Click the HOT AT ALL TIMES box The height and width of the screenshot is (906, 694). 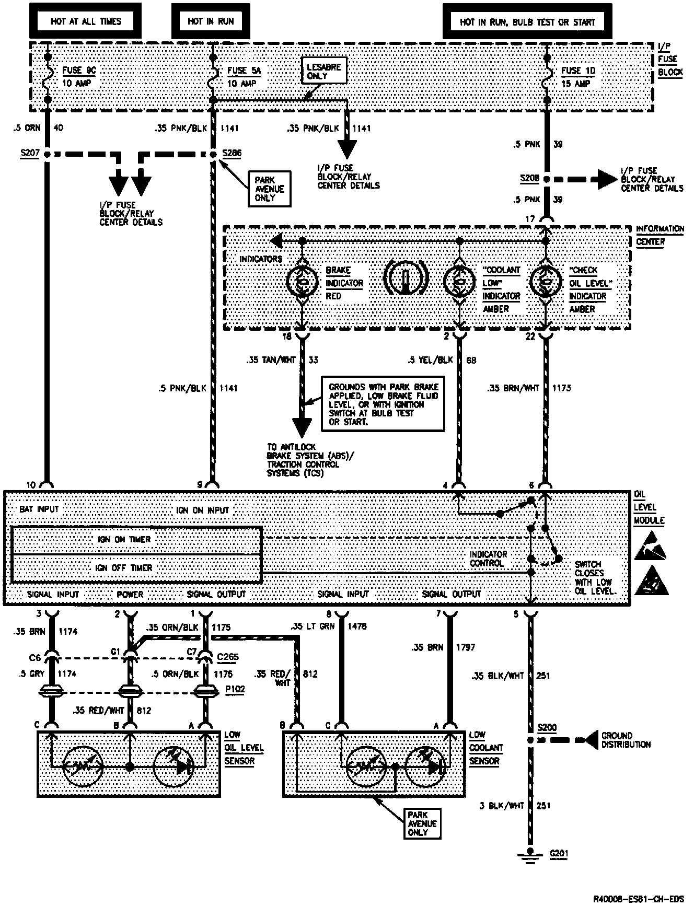pyautogui.click(x=86, y=21)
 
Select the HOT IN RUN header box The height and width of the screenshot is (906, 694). pyautogui.click(x=211, y=21)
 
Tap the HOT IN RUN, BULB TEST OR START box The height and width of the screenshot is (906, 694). pyautogui.click(x=527, y=22)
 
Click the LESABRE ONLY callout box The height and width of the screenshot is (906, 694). pyautogui.click(x=324, y=71)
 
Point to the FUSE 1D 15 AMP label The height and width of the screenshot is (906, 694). pyautogui.click(x=578, y=77)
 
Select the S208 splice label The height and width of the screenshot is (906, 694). pyautogui.click(x=529, y=178)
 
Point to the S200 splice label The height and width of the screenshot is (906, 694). pyautogui.click(x=547, y=728)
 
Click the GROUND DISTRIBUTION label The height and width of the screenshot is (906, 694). pyautogui.click(x=626, y=740)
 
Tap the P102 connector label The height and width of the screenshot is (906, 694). pyautogui.click(x=235, y=689)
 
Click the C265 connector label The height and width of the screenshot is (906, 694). pyautogui.click(x=226, y=657)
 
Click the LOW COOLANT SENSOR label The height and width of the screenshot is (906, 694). pyautogui.click(x=486, y=748)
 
